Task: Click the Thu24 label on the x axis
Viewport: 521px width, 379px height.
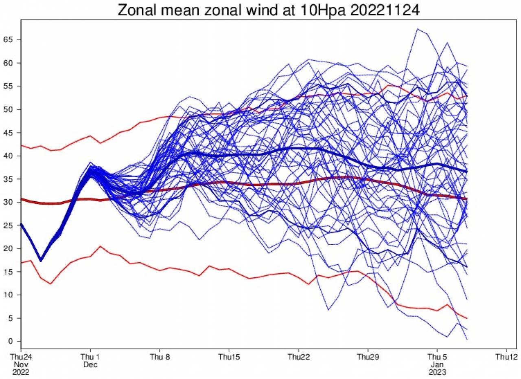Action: [21, 357]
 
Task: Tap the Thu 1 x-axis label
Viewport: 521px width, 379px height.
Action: [90, 357]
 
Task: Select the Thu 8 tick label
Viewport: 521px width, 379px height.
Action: [160, 357]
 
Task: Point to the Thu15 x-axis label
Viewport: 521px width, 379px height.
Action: [229, 357]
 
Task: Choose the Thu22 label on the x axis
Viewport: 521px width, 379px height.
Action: [298, 357]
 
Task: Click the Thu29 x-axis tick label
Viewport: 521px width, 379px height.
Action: [368, 357]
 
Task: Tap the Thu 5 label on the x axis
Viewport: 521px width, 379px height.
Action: [437, 357]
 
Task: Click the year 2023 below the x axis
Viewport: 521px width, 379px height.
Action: [437, 372]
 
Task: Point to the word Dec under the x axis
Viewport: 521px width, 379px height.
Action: [90, 365]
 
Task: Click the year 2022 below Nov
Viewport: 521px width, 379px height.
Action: [21, 372]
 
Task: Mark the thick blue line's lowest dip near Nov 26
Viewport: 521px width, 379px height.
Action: [41, 261]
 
